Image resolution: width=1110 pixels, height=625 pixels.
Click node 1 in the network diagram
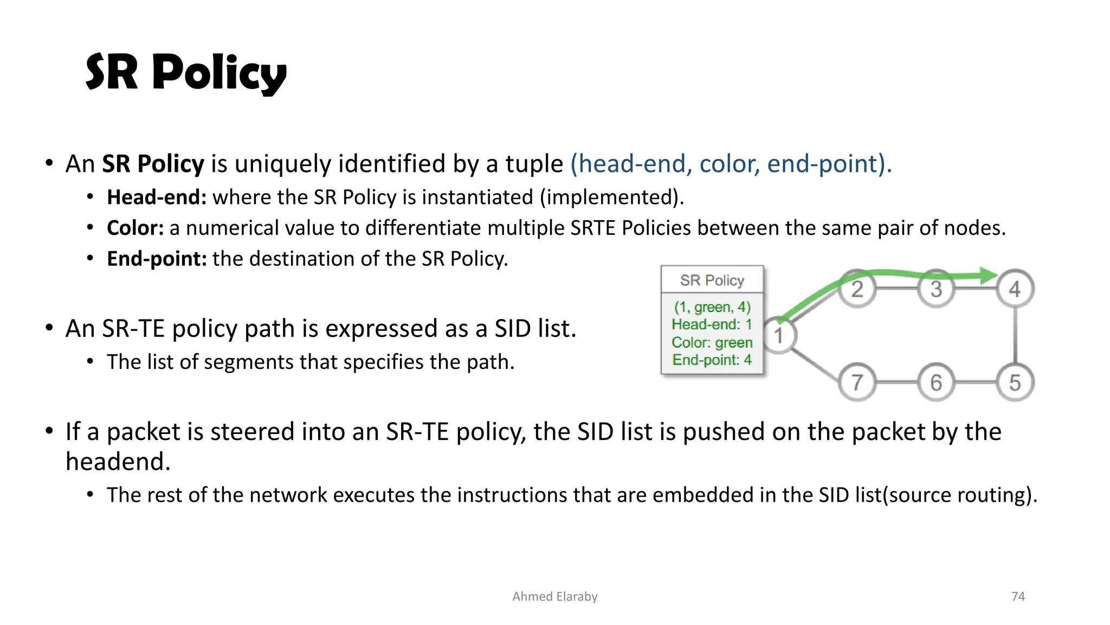pyautogui.click(x=779, y=336)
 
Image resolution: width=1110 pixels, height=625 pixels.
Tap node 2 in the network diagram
pyautogui.click(x=857, y=289)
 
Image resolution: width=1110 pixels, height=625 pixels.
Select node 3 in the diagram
pyautogui.click(x=936, y=289)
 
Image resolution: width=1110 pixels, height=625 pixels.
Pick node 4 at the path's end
pyautogui.click(x=1015, y=289)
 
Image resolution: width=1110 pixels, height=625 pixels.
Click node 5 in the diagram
pyautogui.click(x=1015, y=382)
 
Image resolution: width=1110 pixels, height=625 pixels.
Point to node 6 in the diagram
pyautogui.click(x=936, y=382)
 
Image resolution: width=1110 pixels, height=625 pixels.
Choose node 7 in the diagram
pyautogui.click(x=857, y=382)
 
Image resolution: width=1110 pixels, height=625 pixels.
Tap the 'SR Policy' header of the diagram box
pyautogui.click(x=712, y=280)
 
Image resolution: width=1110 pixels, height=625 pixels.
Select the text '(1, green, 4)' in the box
pyautogui.click(x=712, y=307)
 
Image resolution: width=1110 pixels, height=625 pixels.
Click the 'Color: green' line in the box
pyautogui.click(x=712, y=343)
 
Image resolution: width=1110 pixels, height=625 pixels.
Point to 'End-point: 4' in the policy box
pyautogui.click(x=712, y=360)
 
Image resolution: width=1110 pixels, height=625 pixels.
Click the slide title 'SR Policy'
pyautogui.click(x=186, y=73)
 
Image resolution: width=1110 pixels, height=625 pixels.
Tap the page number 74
pyautogui.click(x=1018, y=596)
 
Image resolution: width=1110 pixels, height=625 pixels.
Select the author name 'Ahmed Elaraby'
pyautogui.click(x=554, y=596)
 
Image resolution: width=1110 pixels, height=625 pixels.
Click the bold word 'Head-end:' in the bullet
pyautogui.click(x=157, y=197)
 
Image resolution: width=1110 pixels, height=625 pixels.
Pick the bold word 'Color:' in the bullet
pyautogui.click(x=135, y=228)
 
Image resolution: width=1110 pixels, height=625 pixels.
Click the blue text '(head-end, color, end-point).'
pyautogui.click(x=731, y=164)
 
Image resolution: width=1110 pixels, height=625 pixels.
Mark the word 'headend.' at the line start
pyautogui.click(x=118, y=462)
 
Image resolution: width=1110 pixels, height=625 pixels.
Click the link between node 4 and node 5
pyautogui.click(x=1015, y=335)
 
